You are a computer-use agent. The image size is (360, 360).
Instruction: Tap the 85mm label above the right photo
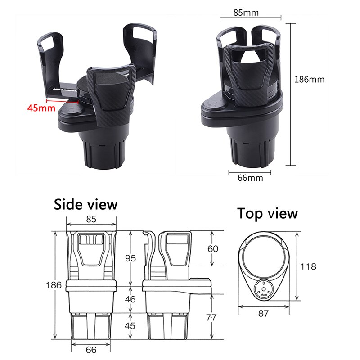(x=246, y=12)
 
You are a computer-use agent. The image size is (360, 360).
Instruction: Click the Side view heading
(x=85, y=204)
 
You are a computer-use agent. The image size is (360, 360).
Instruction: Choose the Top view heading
(x=267, y=213)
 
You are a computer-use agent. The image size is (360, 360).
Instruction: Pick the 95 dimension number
(x=130, y=258)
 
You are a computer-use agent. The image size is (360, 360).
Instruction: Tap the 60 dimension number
(x=213, y=249)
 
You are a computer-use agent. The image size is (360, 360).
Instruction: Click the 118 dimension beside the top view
(x=308, y=266)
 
